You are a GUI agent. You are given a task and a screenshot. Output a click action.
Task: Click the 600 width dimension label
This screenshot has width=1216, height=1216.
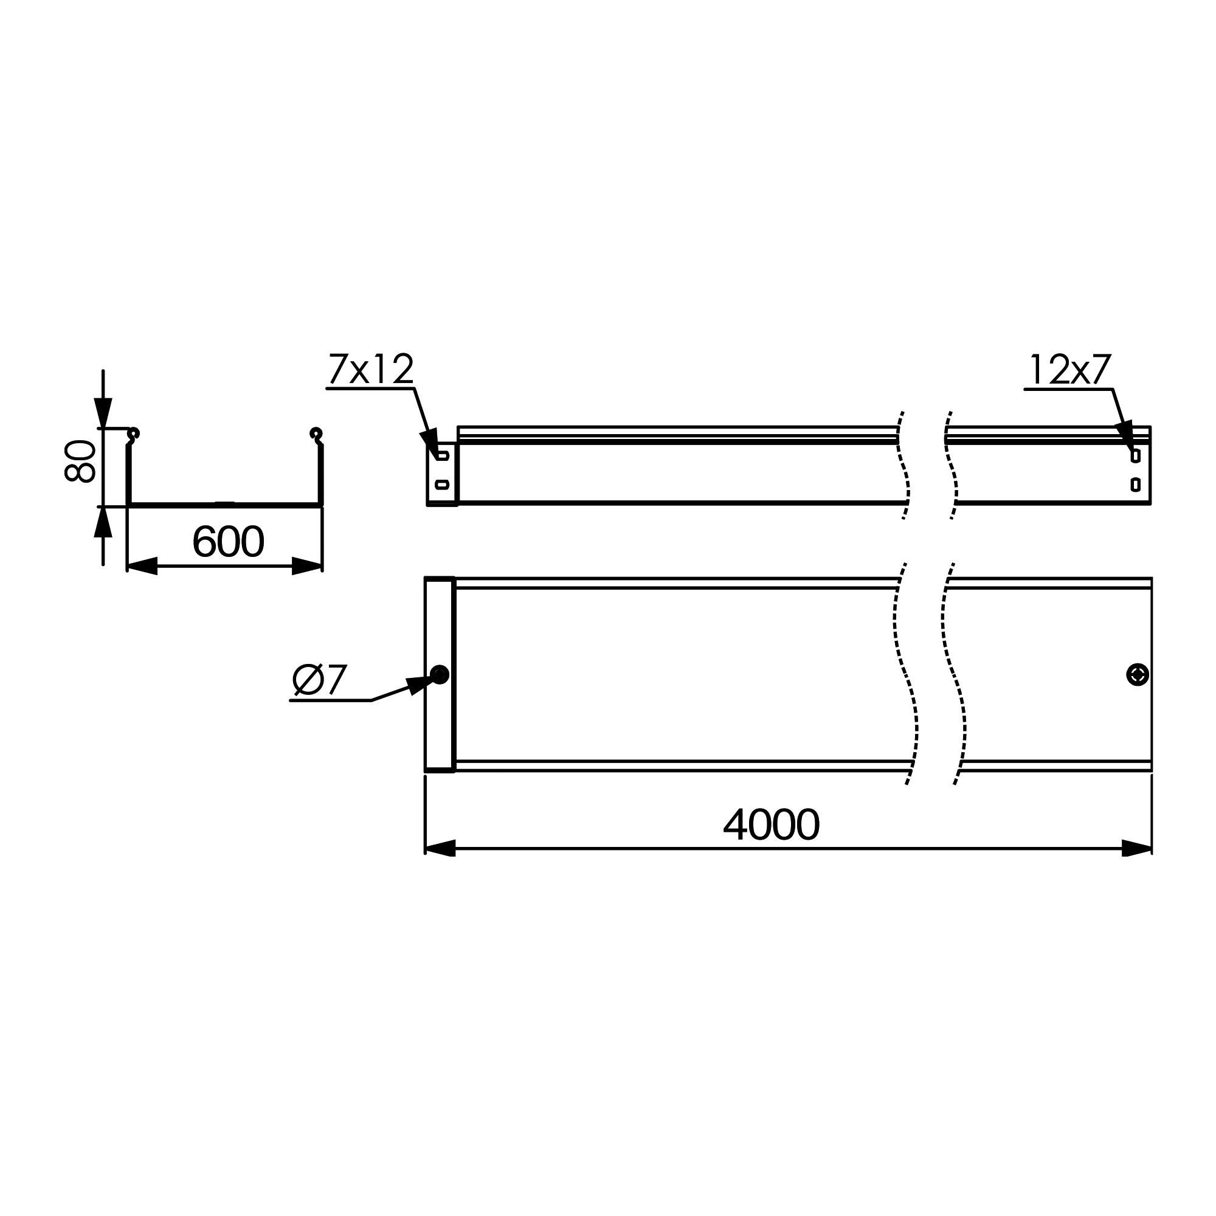tap(228, 542)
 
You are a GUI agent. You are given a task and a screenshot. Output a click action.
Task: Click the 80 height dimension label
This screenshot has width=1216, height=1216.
tap(80, 461)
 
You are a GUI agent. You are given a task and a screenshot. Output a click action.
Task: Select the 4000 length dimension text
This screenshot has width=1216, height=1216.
tap(771, 824)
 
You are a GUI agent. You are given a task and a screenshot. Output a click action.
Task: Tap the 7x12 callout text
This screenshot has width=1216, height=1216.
tap(371, 370)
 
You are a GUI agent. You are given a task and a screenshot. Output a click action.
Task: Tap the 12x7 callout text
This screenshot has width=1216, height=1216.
tap(1070, 370)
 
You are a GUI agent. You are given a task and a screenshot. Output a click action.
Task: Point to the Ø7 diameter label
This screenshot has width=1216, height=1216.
tap(320, 680)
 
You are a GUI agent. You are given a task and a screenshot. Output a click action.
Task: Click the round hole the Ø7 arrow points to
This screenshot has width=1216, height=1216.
tap(440, 675)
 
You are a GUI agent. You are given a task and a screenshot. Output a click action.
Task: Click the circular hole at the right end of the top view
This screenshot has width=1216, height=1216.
tap(1138, 675)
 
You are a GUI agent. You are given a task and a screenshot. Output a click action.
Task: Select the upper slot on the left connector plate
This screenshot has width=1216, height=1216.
tap(443, 455)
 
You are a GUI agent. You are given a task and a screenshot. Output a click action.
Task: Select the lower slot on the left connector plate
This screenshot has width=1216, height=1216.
tap(443, 484)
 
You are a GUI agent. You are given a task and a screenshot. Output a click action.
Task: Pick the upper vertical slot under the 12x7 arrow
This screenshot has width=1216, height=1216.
tap(1135, 455)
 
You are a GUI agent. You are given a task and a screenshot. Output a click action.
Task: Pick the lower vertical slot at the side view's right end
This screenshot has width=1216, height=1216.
tap(1135, 484)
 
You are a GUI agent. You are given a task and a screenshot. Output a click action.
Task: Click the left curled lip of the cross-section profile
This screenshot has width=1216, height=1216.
tap(133, 434)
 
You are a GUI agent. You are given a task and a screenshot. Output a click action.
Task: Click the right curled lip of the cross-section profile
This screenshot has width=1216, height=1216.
tap(316, 434)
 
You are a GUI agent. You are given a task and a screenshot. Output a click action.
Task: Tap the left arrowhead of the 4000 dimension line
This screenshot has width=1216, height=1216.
tap(440, 848)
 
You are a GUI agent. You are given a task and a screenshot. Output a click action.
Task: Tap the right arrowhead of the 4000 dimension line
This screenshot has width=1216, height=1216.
tap(1137, 848)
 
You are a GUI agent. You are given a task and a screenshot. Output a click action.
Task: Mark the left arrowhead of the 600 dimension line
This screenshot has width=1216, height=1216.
tap(142, 566)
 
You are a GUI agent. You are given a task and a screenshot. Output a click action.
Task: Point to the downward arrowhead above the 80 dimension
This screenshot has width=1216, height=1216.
tap(103, 413)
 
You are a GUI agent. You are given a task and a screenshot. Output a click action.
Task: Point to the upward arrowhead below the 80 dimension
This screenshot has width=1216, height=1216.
tap(103, 523)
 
